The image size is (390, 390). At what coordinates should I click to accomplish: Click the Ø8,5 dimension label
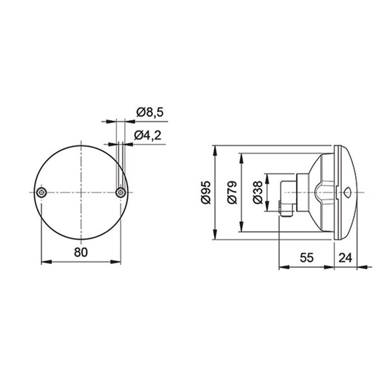[x=150, y=113]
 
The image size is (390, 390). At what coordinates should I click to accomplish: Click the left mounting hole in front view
[x=41, y=192]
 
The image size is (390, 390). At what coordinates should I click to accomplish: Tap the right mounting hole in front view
[x=121, y=192]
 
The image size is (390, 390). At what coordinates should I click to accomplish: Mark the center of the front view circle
[x=81, y=192]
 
